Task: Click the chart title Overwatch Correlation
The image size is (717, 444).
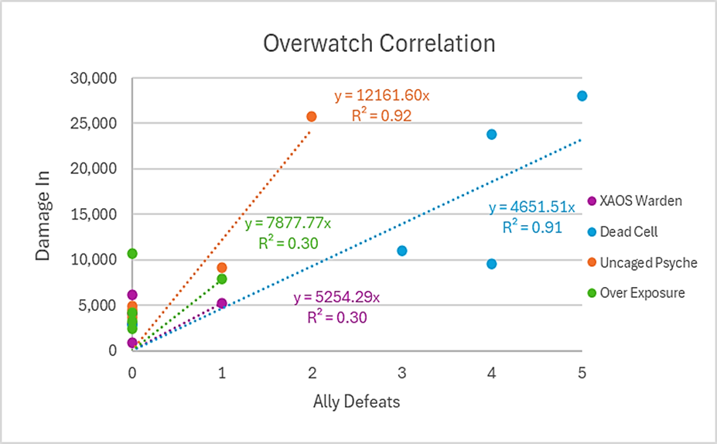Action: point(378,43)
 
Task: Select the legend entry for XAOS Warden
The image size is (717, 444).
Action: point(640,201)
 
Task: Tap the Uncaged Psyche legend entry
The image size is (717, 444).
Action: point(648,263)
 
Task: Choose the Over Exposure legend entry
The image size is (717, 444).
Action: point(642,293)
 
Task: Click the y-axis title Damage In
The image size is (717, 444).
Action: point(43,213)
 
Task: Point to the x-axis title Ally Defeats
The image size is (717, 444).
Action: point(357,401)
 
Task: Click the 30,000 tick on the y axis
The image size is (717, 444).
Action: point(92,78)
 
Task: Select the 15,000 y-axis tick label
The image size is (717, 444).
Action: point(92,214)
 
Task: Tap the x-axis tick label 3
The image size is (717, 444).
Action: point(401,373)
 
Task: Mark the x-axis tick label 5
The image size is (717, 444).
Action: point(582,373)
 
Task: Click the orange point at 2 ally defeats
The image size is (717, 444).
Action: point(312,117)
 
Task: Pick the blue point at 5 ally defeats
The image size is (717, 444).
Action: point(582,96)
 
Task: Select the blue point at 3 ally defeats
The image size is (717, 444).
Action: point(401,251)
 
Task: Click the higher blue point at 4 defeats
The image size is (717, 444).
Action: point(491,135)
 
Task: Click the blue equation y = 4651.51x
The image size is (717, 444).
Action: point(532,207)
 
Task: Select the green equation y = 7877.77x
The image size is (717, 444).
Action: point(288,224)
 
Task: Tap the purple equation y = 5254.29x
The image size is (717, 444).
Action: point(336,298)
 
